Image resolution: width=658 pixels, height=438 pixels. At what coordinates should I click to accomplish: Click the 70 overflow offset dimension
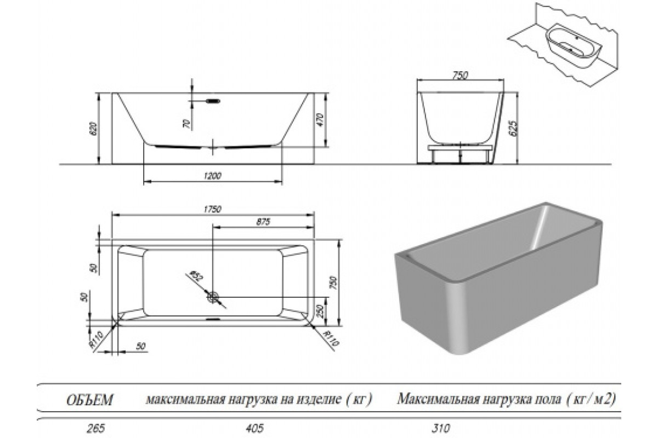coord(186,124)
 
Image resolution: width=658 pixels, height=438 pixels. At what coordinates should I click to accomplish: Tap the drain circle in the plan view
coord(213,297)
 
